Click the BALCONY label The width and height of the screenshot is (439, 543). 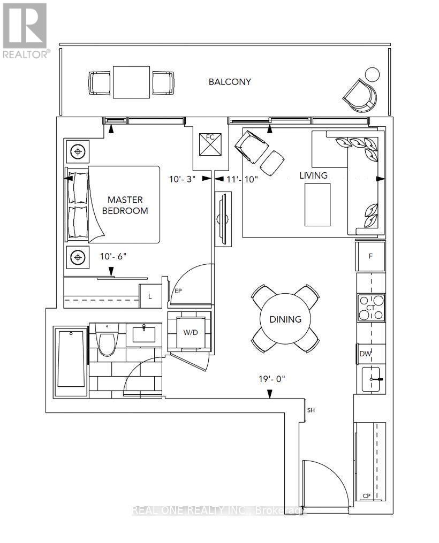[x=229, y=82]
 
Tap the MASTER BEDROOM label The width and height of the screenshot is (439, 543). [x=125, y=205]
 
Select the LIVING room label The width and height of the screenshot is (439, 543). [x=313, y=175]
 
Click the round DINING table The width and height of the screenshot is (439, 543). [x=285, y=319]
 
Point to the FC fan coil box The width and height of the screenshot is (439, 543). [x=210, y=144]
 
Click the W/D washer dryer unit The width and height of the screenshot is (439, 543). [x=190, y=332]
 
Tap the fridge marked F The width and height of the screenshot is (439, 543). [x=370, y=256]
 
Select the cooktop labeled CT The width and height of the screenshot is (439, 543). [x=371, y=308]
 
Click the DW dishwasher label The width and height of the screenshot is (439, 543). [x=365, y=354]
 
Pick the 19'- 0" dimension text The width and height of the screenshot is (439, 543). [x=271, y=379]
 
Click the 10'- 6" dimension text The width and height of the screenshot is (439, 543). [x=113, y=256]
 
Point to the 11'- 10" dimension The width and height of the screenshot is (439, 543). [x=242, y=179]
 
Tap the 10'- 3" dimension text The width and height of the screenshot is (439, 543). [x=182, y=179]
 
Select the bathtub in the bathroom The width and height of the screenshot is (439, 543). [x=71, y=359]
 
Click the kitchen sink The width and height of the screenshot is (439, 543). [x=373, y=379]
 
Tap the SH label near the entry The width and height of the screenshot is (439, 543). [x=311, y=410]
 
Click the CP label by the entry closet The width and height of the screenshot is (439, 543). [x=367, y=496]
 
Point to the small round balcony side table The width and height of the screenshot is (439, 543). [x=373, y=74]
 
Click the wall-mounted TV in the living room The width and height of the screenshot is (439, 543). [x=223, y=219]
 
